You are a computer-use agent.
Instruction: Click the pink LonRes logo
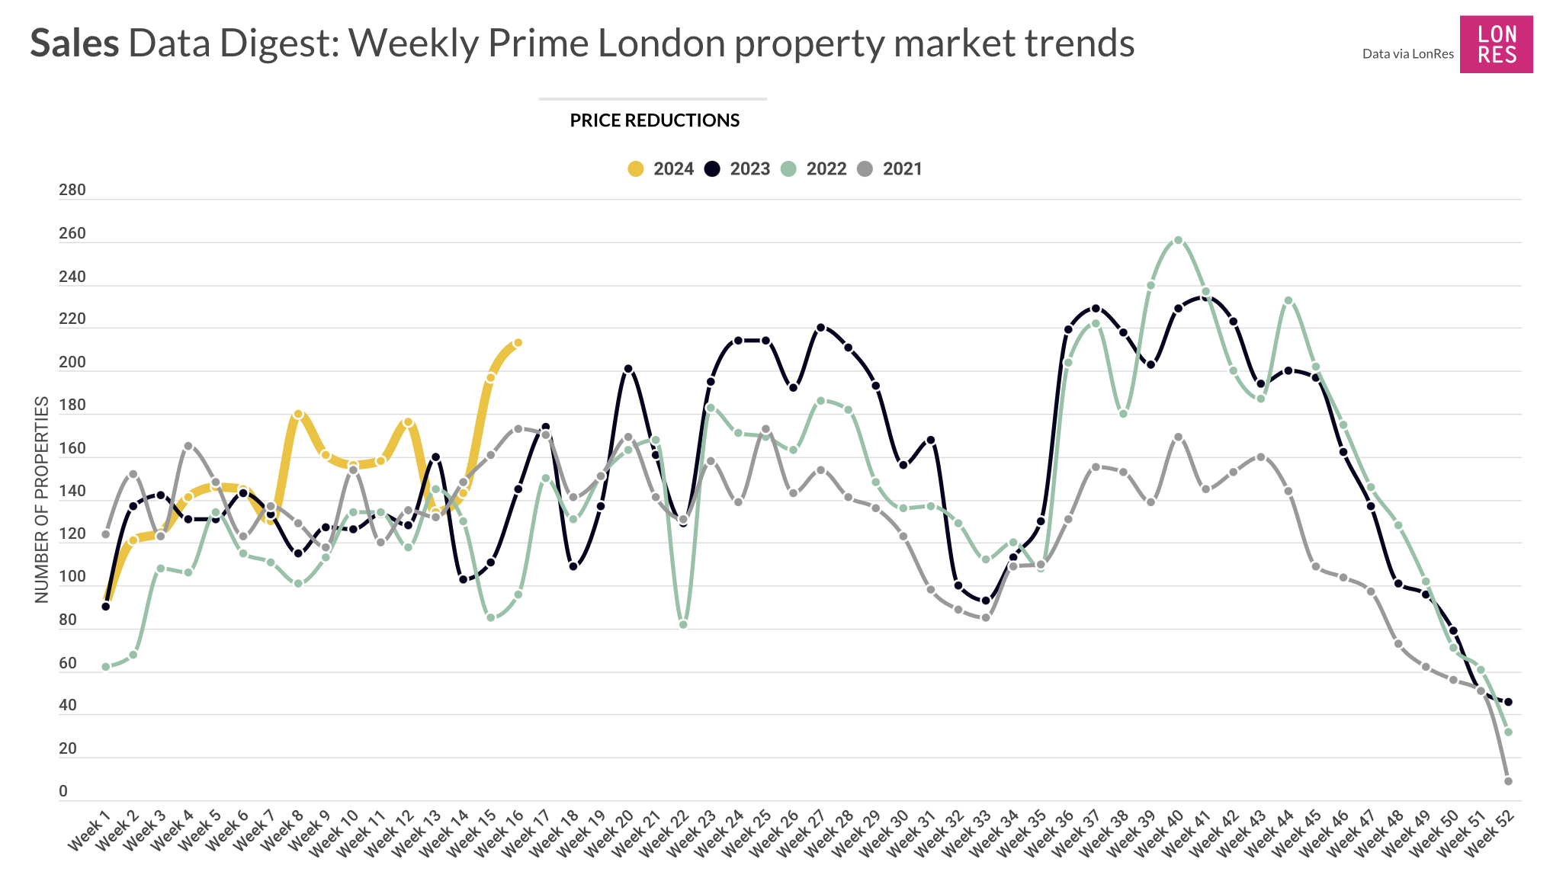tap(1495, 44)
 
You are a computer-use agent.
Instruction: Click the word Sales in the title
tap(75, 43)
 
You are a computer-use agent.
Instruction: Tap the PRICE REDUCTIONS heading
tap(654, 120)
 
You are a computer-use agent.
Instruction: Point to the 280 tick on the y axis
tap(72, 191)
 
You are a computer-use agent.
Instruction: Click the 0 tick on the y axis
tap(63, 792)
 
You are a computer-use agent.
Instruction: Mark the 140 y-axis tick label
tap(72, 492)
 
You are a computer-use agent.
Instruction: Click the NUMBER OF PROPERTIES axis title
tap(42, 499)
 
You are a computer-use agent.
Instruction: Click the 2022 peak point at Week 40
tap(1178, 240)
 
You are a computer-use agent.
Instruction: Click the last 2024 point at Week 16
tap(518, 343)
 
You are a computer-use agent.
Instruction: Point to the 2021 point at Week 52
tap(1508, 781)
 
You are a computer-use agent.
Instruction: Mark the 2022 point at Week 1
tap(105, 667)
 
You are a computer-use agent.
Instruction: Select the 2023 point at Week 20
tap(628, 369)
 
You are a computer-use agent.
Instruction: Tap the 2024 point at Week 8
tap(298, 415)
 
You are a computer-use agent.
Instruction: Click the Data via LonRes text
tap(1407, 54)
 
